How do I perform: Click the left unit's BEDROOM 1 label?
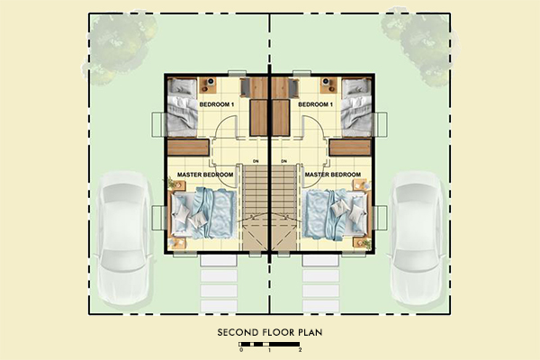[215, 105]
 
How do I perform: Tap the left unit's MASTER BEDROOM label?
[204, 174]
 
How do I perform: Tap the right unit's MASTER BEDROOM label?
[333, 174]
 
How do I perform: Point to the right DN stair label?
[283, 162]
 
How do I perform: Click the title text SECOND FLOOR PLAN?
[269, 332]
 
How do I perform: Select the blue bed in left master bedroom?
[204, 213]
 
